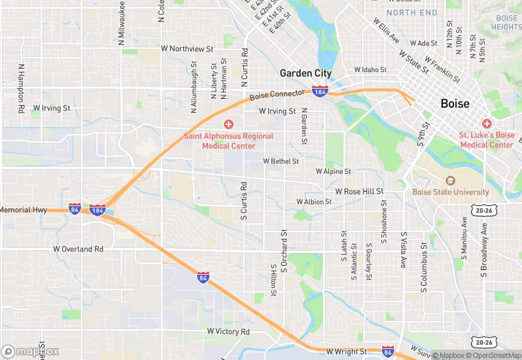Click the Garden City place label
tap(306, 73)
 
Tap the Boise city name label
tap(455, 104)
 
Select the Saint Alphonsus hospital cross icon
tap(229, 124)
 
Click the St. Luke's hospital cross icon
tap(487, 124)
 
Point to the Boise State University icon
tap(451, 181)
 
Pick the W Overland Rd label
tap(78, 249)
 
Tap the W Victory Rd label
tap(228, 332)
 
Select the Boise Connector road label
tap(277, 96)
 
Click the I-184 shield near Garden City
tap(319, 91)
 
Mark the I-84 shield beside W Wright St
tap(388, 351)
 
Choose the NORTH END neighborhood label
tap(411, 12)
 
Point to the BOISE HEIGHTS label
tap(506, 22)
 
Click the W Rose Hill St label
tap(359, 191)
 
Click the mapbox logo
tap(30, 351)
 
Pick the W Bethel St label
tap(281, 161)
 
